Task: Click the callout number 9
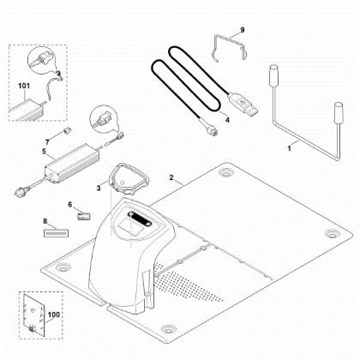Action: point(243,31)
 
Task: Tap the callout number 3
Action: point(100,183)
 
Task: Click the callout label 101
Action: point(24,86)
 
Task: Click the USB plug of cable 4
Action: point(250,110)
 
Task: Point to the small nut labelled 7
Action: point(63,134)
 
